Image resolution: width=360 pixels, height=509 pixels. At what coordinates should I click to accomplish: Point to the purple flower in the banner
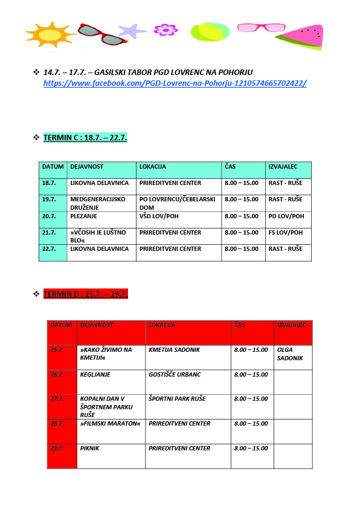pyautogui.click(x=165, y=30)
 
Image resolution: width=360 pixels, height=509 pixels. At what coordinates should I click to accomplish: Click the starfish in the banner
pyautogui.click(x=132, y=30)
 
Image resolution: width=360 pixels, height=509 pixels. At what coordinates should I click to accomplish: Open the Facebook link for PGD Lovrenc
pyautogui.click(x=175, y=83)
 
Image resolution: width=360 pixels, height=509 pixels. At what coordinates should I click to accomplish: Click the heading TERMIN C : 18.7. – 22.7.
pyautogui.click(x=85, y=138)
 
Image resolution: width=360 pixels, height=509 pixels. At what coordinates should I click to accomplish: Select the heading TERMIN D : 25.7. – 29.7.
pyautogui.click(x=85, y=294)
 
